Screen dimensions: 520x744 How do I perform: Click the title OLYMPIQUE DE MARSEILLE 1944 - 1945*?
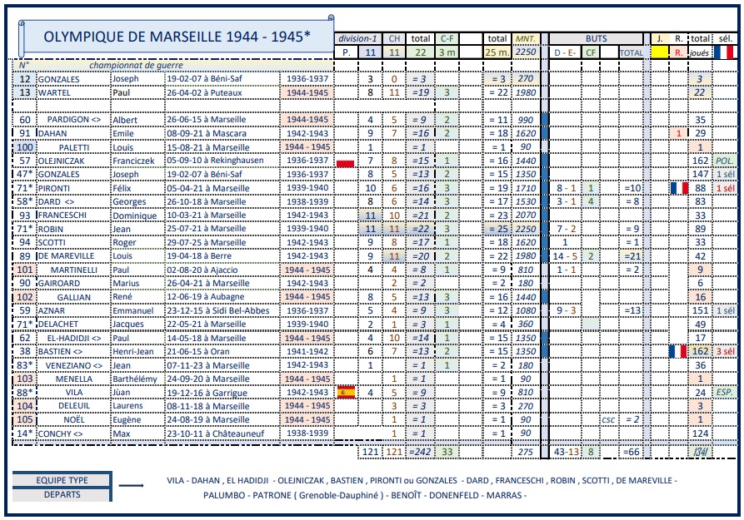(176, 37)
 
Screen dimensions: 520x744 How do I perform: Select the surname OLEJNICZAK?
(68, 161)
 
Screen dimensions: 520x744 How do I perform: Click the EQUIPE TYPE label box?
(62, 480)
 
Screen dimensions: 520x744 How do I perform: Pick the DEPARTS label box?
(62, 494)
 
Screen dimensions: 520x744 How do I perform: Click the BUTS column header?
(597, 38)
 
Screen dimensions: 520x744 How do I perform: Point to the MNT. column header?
(526, 38)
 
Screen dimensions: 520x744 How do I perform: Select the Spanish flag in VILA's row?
(345, 392)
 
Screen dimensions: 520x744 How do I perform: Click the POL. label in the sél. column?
(725, 161)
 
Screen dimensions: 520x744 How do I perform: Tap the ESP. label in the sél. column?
(725, 392)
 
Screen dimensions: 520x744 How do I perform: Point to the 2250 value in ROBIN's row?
(526, 229)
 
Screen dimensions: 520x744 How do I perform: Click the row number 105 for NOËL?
(25, 419)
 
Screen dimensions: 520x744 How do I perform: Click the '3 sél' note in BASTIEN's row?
(725, 351)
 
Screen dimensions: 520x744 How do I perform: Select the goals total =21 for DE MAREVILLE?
(632, 256)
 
